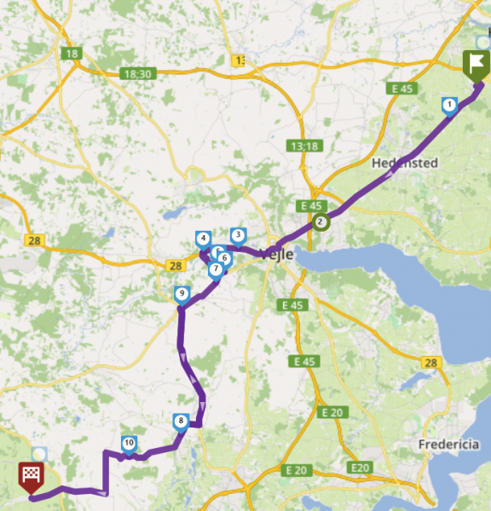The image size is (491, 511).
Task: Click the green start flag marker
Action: tap(476, 65)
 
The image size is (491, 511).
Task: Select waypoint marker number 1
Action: tap(449, 105)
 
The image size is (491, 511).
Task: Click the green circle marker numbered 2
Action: tap(321, 223)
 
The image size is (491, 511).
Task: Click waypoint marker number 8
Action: tap(181, 421)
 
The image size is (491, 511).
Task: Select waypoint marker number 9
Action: tap(181, 296)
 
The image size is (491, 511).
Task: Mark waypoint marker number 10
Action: tap(129, 443)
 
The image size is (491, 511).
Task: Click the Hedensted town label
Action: tap(405, 163)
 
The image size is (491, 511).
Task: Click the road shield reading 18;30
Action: tap(136, 74)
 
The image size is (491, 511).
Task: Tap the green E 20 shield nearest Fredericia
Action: tap(361, 468)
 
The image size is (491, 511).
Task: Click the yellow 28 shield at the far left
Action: tap(34, 241)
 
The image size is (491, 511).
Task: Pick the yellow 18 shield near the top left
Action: tap(71, 54)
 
